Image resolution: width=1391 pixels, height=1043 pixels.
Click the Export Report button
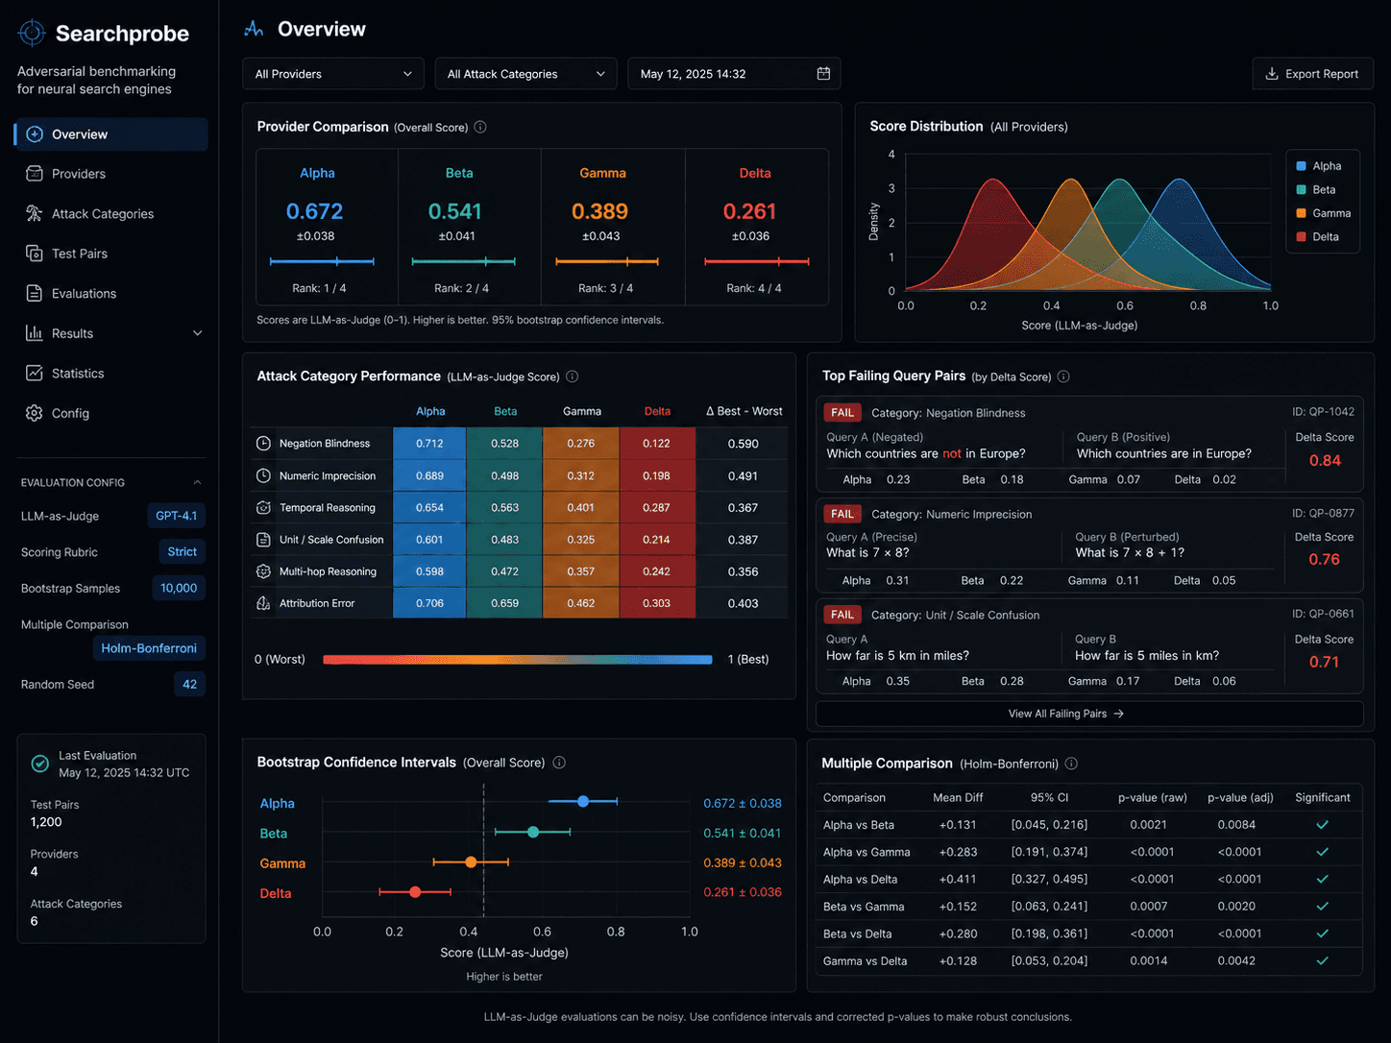coord(1312,74)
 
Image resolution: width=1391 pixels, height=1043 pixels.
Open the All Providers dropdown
coord(333,74)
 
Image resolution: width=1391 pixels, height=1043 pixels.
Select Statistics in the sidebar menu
coord(78,373)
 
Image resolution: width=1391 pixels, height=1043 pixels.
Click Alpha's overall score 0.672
coord(314,211)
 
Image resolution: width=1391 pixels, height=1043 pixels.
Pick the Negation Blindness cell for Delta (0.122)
coord(656,444)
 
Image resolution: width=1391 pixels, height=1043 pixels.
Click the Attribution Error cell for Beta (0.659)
coord(504,603)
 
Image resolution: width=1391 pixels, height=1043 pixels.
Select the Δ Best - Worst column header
coord(744,411)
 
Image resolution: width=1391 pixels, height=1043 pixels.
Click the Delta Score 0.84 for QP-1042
coord(1325,460)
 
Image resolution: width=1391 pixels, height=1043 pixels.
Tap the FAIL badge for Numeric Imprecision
coord(842,514)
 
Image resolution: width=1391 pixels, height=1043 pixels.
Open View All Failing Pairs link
coord(1064,714)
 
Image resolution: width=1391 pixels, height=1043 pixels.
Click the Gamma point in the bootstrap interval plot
coord(470,861)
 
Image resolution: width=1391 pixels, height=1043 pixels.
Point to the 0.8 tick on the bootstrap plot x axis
coord(616,932)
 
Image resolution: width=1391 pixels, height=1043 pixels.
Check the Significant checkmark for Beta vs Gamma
coord(1322,907)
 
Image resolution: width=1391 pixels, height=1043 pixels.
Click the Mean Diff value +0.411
coord(958,879)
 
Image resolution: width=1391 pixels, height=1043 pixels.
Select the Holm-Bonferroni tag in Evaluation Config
coord(149,648)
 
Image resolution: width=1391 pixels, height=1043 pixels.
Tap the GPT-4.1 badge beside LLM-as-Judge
coord(176,516)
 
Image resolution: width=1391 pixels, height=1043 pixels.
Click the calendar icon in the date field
coord(823,73)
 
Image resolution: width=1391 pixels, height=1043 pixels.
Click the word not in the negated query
coord(951,453)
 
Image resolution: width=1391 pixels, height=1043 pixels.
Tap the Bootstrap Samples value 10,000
coord(178,588)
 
